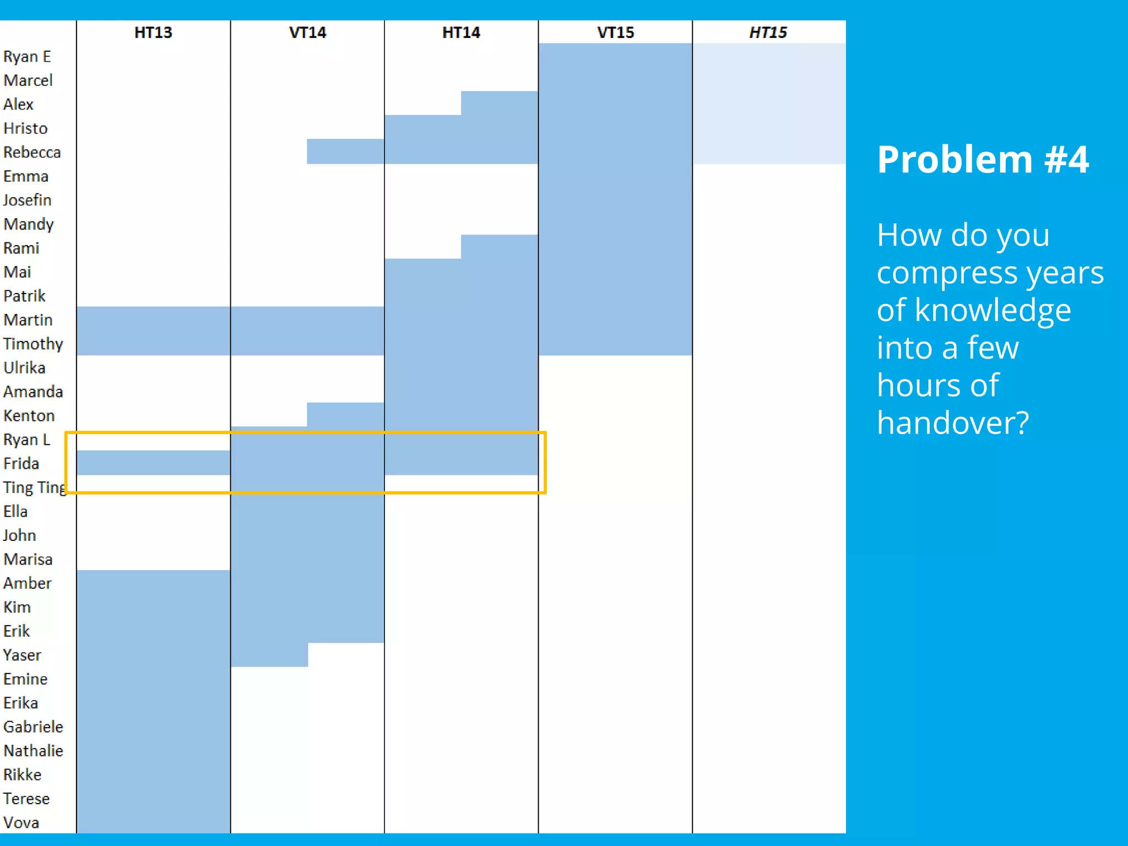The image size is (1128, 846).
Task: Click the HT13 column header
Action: pos(153,32)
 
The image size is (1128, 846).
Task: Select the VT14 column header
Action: pos(307,32)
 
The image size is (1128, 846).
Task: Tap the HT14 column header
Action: pos(461,32)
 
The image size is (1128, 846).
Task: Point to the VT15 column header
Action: pos(615,32)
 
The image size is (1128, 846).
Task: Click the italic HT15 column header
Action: pos(768,32)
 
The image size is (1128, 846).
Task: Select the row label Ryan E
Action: pos(27,57)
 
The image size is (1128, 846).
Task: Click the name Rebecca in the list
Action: pos(32,153)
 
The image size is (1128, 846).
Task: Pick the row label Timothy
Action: pos(33,344)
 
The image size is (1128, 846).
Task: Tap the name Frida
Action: pos(21,464)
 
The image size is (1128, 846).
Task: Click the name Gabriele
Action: pos(33,727)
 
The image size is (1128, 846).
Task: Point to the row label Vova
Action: pos(21,823)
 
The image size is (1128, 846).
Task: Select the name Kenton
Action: pos(29,416)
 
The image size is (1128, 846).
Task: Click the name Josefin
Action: pos(27,200)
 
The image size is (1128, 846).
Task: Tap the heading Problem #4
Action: pos(983,160)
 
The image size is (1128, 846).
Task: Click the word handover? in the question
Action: pos(953,423)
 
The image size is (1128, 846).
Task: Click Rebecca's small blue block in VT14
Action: pos(345,151)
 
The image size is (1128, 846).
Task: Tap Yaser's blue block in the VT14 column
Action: pos(269,655)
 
